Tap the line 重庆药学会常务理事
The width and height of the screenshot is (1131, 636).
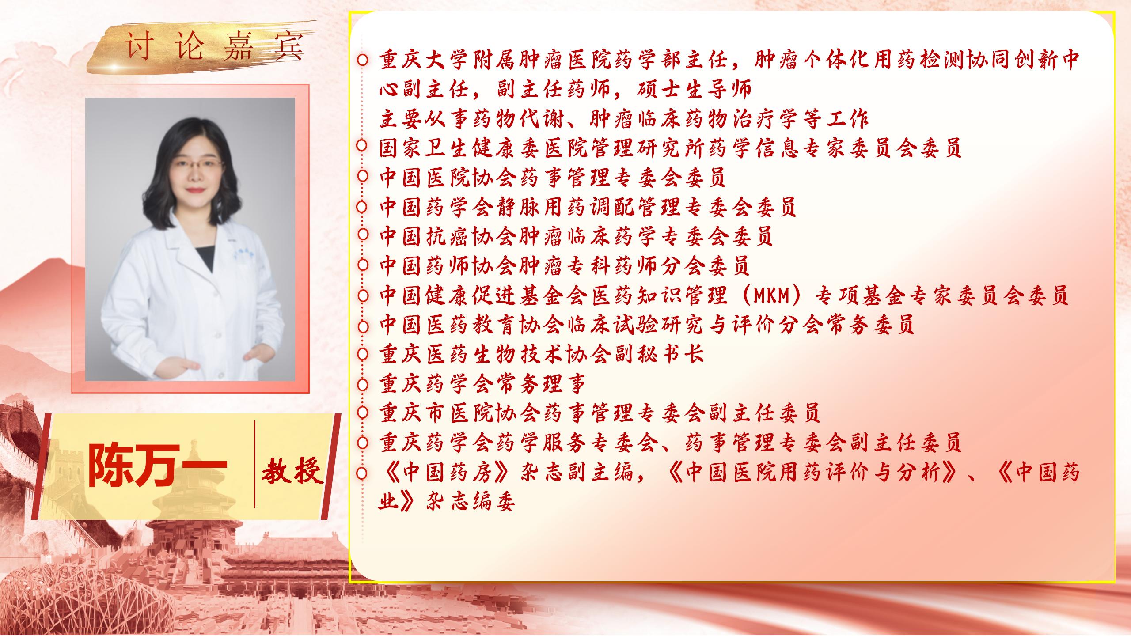click(x=483, y=384)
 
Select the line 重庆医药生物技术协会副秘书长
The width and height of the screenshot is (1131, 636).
click(x=542, y=354)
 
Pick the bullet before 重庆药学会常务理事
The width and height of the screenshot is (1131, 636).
click(x=363, y=384)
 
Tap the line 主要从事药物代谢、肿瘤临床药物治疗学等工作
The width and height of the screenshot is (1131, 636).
click(x=624, y=119)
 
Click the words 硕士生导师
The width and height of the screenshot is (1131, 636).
click(x=693, y=90)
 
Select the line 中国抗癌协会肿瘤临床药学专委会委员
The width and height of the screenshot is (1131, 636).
click(x=576, y=236)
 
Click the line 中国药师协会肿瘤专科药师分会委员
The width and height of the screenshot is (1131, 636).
click(x=565, y=266)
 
